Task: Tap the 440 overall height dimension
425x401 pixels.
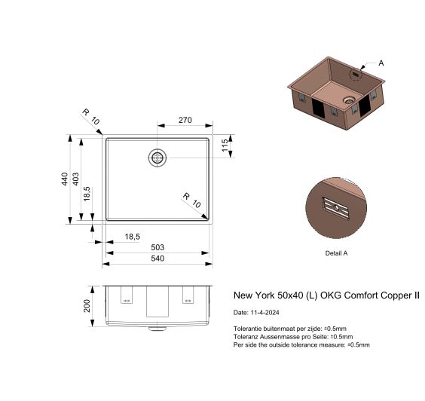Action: (66, 179)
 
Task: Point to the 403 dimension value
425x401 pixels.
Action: (76, 179)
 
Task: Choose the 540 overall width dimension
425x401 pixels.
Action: (158, 259)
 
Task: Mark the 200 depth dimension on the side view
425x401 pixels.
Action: (87, 305)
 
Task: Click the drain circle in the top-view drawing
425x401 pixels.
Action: (157, 157)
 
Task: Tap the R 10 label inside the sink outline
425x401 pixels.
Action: (191, 200)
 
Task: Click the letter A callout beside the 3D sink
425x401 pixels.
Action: (381, 63)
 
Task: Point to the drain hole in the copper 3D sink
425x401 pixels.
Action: (348, 99)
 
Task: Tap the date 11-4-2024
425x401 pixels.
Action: (264, 312)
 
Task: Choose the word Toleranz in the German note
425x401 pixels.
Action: (247, 337)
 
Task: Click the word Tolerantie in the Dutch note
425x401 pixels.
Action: (249, 329)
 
